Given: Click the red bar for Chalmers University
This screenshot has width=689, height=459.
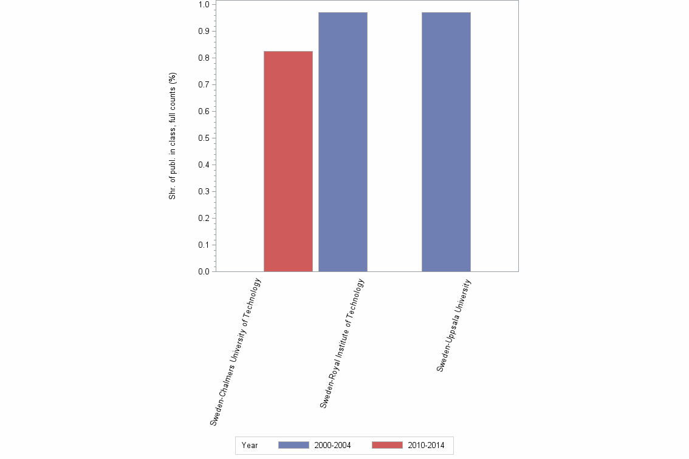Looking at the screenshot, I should coord(288,161).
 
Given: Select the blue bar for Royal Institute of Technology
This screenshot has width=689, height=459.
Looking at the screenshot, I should coord(343,142).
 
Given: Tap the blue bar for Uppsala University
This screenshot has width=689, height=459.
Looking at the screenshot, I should coord(446,142).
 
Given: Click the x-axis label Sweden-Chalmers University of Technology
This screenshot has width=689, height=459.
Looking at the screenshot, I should coord(236,351).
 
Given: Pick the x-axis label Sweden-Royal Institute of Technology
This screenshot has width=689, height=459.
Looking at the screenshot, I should coord(342,343).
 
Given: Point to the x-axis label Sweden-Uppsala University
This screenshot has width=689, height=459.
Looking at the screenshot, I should coord(454,325).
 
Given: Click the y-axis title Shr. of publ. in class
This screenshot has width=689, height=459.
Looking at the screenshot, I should coord(173,137).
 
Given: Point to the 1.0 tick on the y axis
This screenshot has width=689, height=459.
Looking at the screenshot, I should coord(204,4).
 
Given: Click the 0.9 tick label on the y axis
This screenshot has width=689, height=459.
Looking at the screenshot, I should coord(204,31).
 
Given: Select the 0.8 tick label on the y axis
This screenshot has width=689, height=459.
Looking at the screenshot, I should coord(204,58).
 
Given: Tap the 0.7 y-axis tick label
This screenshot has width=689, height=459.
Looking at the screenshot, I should coord(204,84).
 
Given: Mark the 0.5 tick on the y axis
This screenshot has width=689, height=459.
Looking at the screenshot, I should coord(204,138).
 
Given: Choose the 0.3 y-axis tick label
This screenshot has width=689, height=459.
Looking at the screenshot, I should coord(204,191).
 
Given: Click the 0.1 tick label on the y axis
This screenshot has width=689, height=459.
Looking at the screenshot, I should coord(204,245).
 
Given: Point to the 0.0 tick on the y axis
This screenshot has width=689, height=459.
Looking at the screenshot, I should coord(204,271).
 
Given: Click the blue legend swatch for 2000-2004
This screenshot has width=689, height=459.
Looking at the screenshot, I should coord(293,446).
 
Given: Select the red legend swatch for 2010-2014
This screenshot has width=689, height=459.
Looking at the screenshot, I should coord(386,446).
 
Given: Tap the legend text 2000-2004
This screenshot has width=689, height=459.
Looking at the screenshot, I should coord(332,446).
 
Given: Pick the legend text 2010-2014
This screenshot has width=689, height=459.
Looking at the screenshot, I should coord(426,446).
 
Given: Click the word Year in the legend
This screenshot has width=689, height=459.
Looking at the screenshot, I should coord(250,446).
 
